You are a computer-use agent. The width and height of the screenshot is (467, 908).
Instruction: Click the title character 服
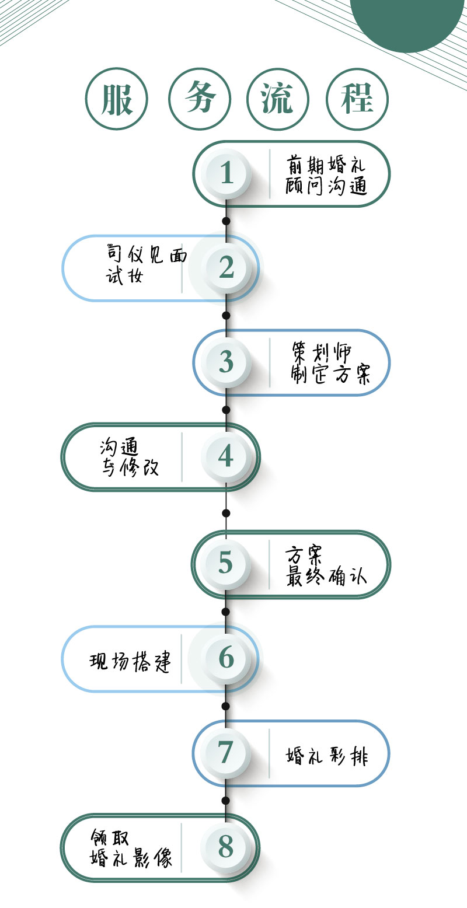pyautogui.click(x=117, y=100)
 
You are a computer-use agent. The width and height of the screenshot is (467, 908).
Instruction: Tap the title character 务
pyautogui.click(x=200, y=100)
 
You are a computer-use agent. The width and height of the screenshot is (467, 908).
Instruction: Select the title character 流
pyautogui.click(x=278, y=100)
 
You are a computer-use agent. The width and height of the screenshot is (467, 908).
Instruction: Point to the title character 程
pyautogui.click(x=357, y=100)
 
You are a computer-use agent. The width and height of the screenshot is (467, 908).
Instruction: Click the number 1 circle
pyautogui.click(x=226, y=173)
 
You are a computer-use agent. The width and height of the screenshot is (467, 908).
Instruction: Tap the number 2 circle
pyautogui.click(x=226, y=268)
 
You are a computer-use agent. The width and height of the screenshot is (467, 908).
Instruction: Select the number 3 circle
pyautogui.click(x=226, y=362)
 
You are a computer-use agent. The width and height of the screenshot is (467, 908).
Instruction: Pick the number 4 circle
pyautogui.click(x=226, y=456)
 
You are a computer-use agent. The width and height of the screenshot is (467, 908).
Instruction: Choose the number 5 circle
pyautogui.click(x=226, y=563)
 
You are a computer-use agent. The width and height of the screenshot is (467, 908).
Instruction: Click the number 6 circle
pyautogui.click(x=226, y=658)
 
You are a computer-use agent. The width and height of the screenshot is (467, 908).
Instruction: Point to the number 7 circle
pyautogui.click(x=226, y=753)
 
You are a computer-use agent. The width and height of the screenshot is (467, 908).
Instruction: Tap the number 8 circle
pyautogui.click(x=226, y=847)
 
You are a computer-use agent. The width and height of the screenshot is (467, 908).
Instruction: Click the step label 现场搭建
pyautogui.click(x=131, y=661)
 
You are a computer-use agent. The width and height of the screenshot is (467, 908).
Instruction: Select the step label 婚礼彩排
pyautogui.click(x=327, y=756)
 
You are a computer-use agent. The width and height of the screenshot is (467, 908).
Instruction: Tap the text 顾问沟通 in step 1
pyautogui.click(x=326, y=186)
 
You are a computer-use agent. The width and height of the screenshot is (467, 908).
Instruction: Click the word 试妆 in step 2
pyautogui.click(x=124, y=276)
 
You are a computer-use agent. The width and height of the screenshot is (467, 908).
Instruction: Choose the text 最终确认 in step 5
pyautogui.click(x=326, y=575)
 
